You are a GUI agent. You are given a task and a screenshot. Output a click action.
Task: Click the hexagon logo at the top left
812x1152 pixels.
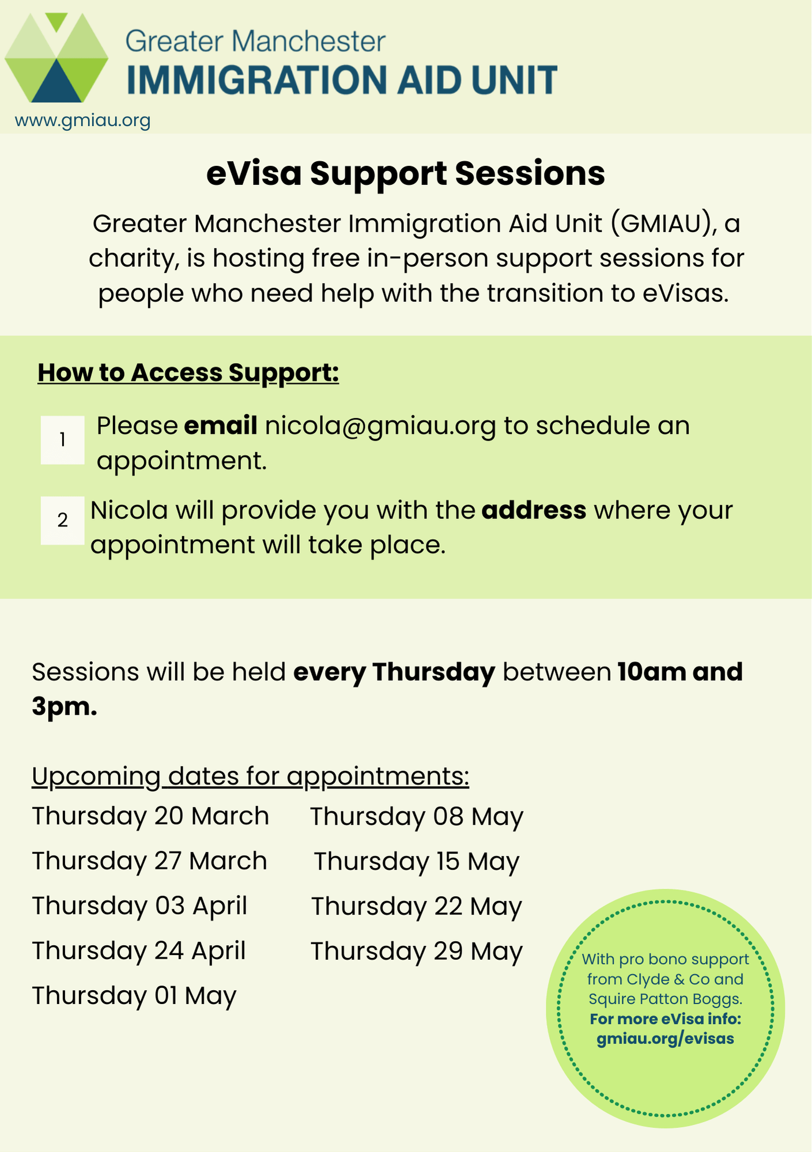56,58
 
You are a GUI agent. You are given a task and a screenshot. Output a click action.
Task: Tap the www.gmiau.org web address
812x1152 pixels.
82,120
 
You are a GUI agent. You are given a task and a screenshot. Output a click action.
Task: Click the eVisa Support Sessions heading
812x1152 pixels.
406,173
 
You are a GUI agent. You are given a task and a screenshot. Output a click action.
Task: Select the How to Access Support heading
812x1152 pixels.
188,373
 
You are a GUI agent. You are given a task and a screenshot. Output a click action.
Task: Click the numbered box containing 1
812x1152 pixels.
62,440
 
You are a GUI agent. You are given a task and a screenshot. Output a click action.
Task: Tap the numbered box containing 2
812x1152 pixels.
62,520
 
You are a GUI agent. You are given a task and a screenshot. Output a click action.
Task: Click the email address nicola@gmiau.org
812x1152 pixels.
380,426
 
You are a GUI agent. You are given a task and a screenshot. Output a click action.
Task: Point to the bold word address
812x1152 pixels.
534,510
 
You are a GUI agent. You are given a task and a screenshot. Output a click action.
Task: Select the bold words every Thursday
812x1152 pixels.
394,672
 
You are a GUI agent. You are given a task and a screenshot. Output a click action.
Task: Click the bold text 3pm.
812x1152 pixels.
64,707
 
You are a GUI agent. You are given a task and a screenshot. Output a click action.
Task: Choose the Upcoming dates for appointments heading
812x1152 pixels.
251,776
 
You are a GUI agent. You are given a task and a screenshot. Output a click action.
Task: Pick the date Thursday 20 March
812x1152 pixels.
150,816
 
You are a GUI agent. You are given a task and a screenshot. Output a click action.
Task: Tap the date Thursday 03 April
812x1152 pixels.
139,905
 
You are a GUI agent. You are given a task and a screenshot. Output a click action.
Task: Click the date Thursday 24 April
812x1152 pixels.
139,950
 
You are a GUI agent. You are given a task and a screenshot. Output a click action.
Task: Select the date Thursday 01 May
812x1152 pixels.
134,995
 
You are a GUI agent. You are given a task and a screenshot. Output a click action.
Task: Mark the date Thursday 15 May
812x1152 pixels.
417,862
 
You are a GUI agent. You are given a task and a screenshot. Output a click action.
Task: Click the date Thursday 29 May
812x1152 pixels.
417,951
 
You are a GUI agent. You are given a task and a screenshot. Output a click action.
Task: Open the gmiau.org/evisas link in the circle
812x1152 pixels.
665,1039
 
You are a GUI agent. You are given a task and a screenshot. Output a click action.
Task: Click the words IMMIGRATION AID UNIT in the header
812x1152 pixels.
342,79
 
